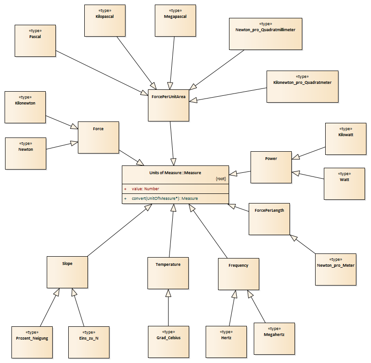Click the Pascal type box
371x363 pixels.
pyautogui.click(x=35, y=41)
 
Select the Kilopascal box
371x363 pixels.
pyautogui.click(x=105, y=21)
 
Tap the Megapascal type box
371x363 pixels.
pyautogui.click(x=175, y=21)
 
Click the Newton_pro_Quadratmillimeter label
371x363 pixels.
pyautogui.click(x=266, y=30)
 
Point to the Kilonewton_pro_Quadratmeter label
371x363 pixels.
pyautogui.click(x=302, y=82)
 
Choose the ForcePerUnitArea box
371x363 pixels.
pyautogui.click(x=169, y=105)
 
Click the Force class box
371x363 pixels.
pyautogui.click(x=98, y=137)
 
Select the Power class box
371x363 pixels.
pyautogui.click(x=271, y=167)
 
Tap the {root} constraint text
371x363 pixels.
pyautogui.click(x=221, y=179)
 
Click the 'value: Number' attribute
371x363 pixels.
pyautogui.click(x=145, y=189)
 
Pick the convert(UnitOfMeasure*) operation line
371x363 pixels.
pyautogui.click(x=165, y=198)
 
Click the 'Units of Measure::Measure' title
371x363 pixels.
pyautogui.click(x=175, y=173)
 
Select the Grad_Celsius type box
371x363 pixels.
pyautogui.click(x=169, y=342)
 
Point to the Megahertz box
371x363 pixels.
pyautogui.click(x=274, y=339)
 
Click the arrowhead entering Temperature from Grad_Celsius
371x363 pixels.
pyautogui.click(x=168, y=293)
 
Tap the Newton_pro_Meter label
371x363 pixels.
pyautogui.click(x=336, y=265)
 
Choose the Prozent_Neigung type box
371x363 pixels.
pyautogui.click(x=32, y=342)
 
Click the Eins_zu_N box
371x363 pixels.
pyautogui.click(x=89, y=342)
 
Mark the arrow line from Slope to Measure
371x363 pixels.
pyautogui.click(x=120, y=230)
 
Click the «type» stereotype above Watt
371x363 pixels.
pyautogui.click(x=344, y=174)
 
